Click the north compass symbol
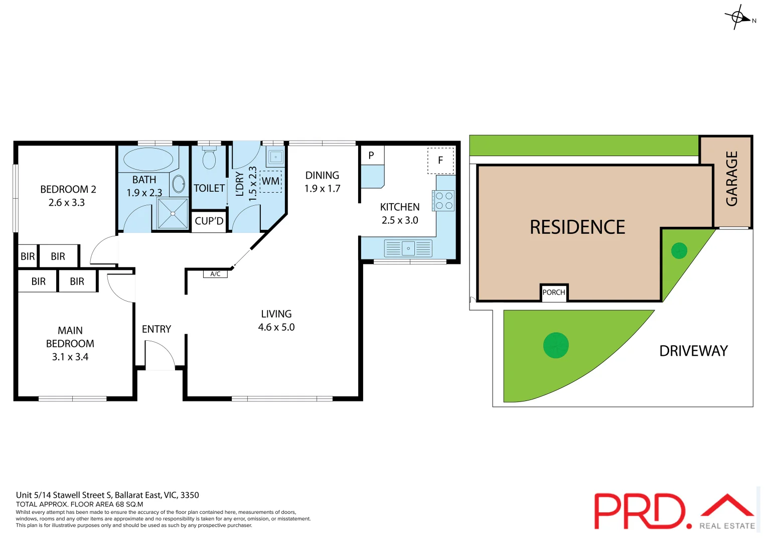tap(738, 18)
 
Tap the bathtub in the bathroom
tap(148, 159)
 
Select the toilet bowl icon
tap(209, 160)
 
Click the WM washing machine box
tap(271, 181)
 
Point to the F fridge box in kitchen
tap(440, 161)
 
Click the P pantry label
tap(371, 156)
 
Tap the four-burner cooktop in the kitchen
tap(444, 201)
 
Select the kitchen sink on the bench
tap(408, 248)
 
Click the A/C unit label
tap(215, 274)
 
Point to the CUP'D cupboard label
tap(209, 221)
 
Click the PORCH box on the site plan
tap(554, 293)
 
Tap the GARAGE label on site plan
tap(732, 179)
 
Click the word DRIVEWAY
tap(693, 351)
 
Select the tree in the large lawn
tap(556, 346)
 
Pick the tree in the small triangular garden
tap(679, 250)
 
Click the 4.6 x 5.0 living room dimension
tap(276, 327)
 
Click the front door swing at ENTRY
tap(160, 355)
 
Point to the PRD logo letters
tap(640, 511)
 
